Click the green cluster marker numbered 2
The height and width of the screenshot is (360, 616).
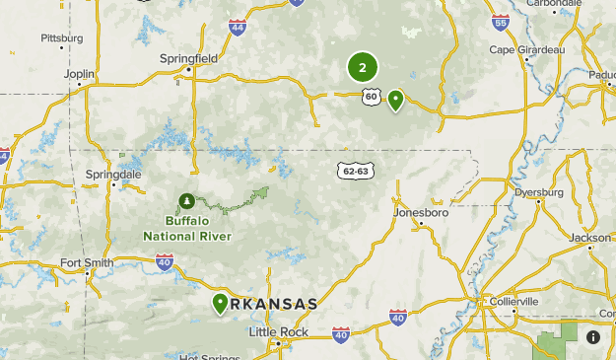tap(363, 68)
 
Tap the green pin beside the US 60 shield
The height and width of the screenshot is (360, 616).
tap(395, 99)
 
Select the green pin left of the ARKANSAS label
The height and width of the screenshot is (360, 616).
tap(220, 303)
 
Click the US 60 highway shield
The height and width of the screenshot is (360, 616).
tap(371, 96)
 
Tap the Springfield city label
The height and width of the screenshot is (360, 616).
tap(188, 58)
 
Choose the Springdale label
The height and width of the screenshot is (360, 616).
tap(107, 174)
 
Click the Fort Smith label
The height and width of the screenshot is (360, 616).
tap(81, 262)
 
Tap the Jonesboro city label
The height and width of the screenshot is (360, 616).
tap(421, 212)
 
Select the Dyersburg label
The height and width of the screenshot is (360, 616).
tap(539, 192)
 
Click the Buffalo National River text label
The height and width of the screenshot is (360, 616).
tap(187, 229)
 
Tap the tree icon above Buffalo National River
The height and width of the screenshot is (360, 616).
tap(186, 202)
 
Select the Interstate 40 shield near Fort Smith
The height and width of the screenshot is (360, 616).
tap(165, 261)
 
